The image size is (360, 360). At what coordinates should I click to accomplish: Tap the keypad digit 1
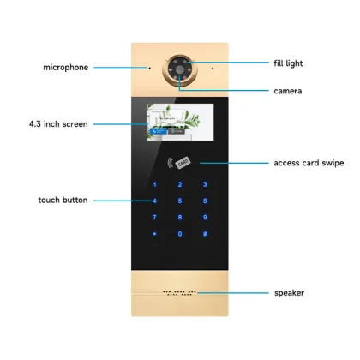[x=155, y=185]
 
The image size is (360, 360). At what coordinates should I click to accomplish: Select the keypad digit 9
[x=205, y=217]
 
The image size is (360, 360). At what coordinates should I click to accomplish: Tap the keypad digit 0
[x=180, y=233]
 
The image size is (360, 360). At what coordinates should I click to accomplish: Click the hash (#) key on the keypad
[x=205, y=233]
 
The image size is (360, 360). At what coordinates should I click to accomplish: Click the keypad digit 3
[x=205, y=185]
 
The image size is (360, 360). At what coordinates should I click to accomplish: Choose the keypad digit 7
[x=155, y=217]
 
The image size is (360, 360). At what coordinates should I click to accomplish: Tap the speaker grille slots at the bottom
[x=179, y=293]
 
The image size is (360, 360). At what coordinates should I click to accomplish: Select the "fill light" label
[x=288, y=63]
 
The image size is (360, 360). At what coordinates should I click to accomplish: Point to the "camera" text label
[x=287, y=90]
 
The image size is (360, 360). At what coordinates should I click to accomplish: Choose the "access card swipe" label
[x=308, y=162]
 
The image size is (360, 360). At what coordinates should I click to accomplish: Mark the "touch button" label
[x=63, y=201]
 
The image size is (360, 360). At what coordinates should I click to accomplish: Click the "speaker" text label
[x=290, y=293]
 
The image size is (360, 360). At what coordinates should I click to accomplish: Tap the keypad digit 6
[x=205, y=201]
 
